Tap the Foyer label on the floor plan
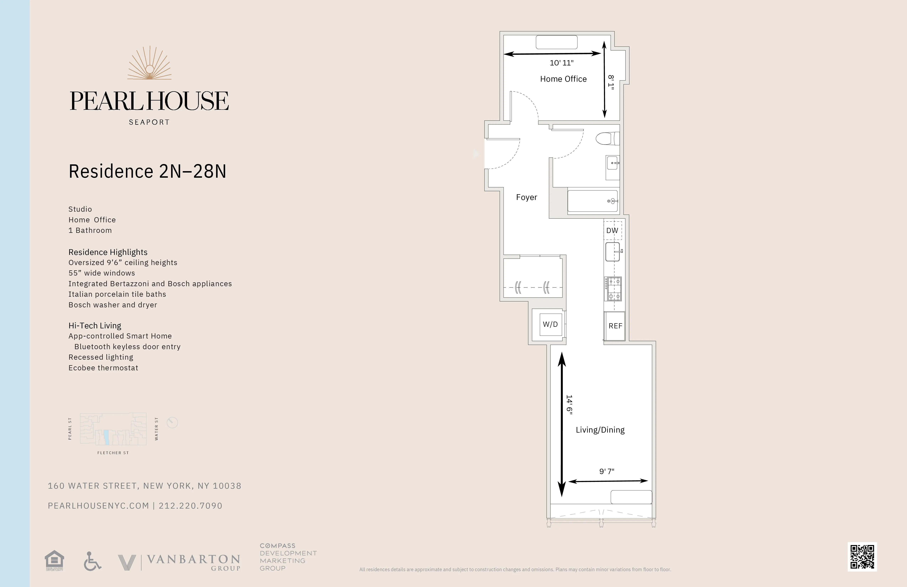click(x=526, y=197)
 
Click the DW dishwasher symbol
click(x=612, y=230)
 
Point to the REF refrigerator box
click(x=615, y=326)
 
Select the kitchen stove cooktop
click(x=613, y=289)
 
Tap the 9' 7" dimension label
click(x=607, y=471)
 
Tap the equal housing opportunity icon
click(x=54, y=560)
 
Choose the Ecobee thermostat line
click(x=103, y=368)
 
